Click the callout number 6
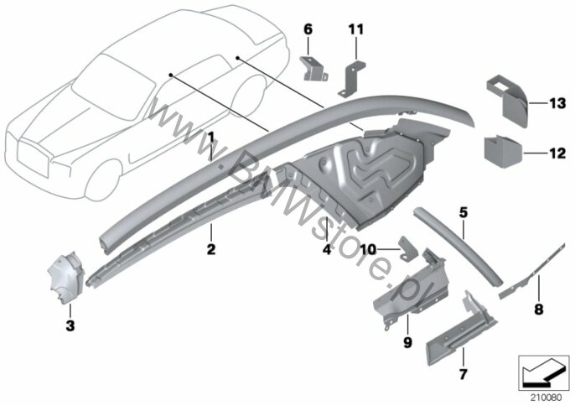coord(308,29)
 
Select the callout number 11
coord(355,29)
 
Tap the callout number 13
coord(557,103)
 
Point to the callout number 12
coord(557,153)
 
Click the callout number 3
coord(70,325)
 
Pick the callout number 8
coord(538,309)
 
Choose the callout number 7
coord(464,374)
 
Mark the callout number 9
coord(407,342)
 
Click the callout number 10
coord(369,250)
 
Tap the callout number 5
coord(464,212)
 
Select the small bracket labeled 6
coord(313,69)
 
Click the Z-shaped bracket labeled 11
coord(351,79)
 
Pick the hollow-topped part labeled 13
coord(507,101)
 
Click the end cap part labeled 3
coord(66,278)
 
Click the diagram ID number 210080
coord(545,398)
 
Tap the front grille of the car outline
coord(32,159)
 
